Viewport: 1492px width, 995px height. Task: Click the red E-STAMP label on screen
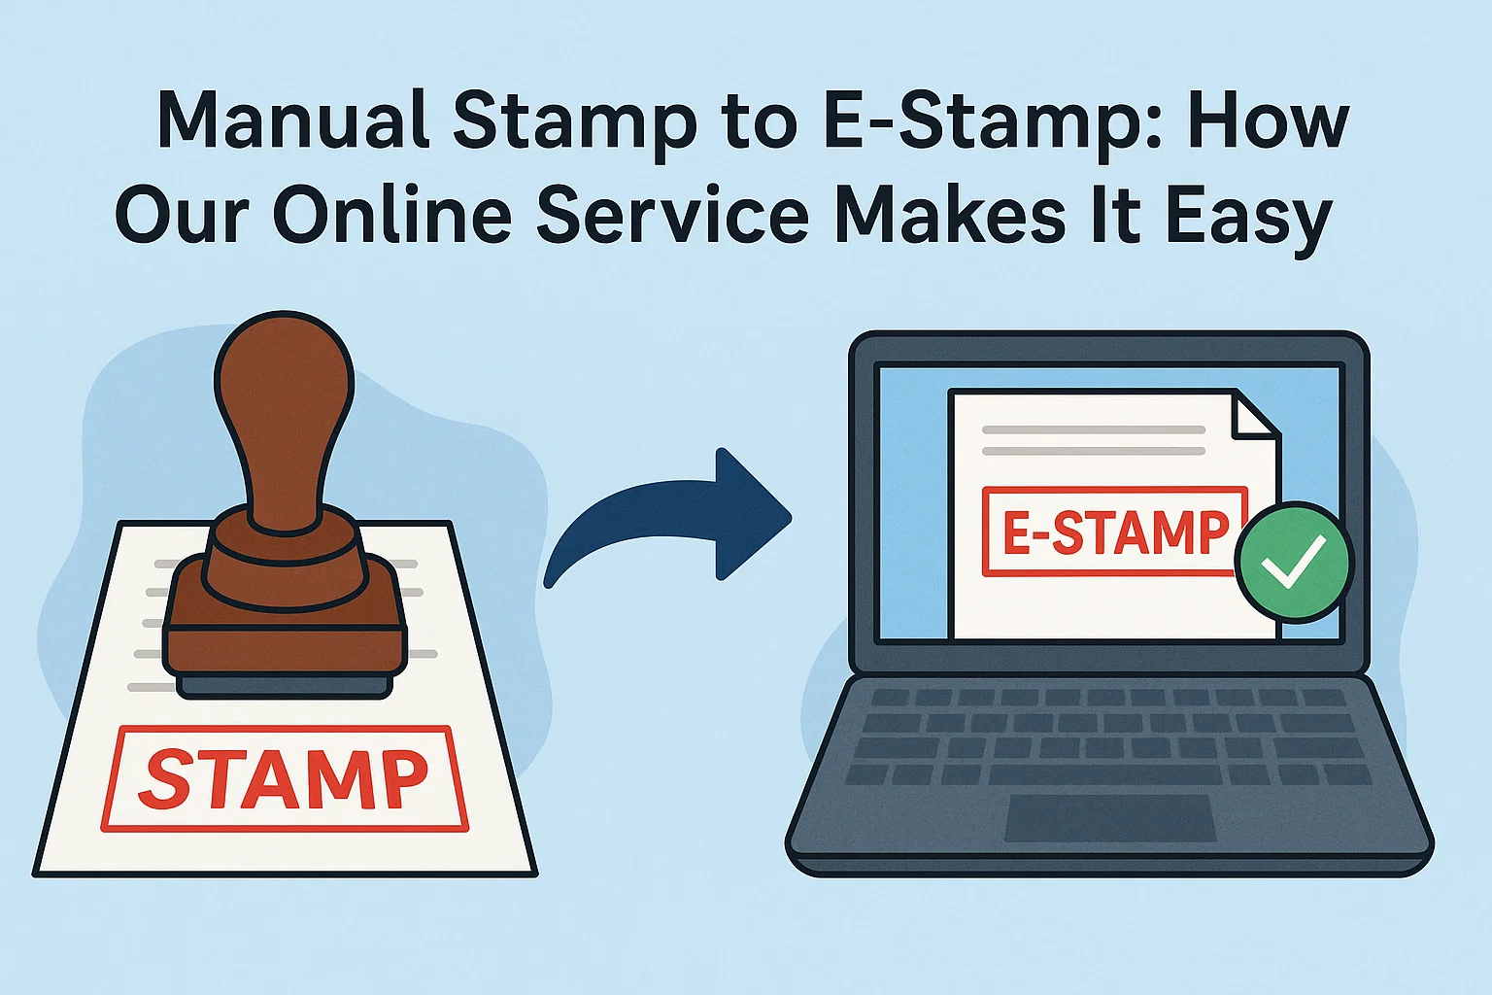click(1114, 532)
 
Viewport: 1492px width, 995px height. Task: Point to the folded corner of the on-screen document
click(1254, 413)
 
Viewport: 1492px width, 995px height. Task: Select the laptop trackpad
click(1110, 818)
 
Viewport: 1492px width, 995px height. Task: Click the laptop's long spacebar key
click(1104, 774)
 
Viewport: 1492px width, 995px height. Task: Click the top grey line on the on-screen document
click(1093, 429)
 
